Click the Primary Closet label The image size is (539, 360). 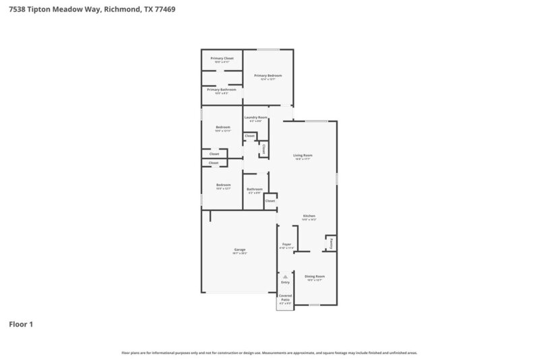click(x=222, y=59)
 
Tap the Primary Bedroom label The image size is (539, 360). click(x=267, y=76)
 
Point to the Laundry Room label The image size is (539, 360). click(x=255, y=118)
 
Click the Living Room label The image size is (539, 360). click(x=303, y=156)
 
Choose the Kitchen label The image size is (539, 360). click(x=309, y=216)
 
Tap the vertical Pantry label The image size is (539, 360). click(x=331, y=242)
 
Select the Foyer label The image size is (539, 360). click(x=286, y=245)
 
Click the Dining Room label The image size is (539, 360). click(x=315, y=276)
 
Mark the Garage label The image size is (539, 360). click(x=240, y=250)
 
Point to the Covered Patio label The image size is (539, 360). click(x=285, y=297)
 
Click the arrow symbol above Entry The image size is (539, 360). click(x=285, y=276)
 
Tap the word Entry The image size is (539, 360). click(x=285, y=282)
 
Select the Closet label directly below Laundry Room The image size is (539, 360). click(x=249, y=136)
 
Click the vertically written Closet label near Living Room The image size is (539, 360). click(x=263, y=148)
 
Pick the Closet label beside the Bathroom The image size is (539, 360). click(x=269, y=200)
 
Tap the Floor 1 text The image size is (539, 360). click(x=21, y=324)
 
